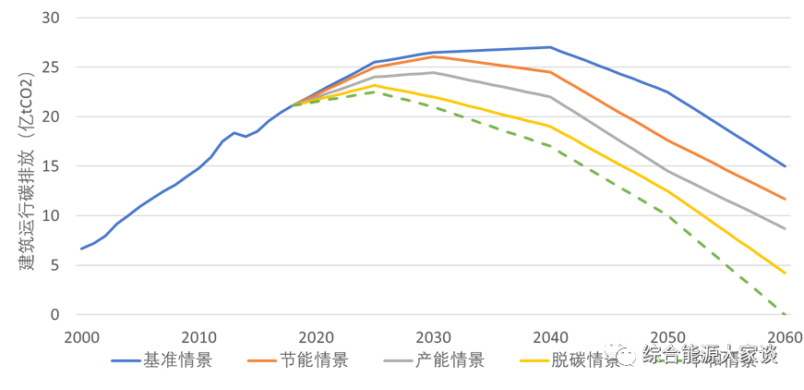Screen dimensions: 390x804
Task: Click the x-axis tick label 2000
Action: (x=81, y=336)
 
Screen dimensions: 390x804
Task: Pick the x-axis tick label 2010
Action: (x=198, y=336)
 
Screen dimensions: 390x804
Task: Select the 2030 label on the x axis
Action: (x=433, y=336)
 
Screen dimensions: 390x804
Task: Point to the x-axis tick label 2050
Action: (x=667, y=336)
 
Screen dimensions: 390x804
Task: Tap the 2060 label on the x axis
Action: (x=785, y=336)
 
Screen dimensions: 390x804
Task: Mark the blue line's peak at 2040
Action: (x=550, y=46)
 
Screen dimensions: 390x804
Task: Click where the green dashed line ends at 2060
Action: (x=785, y=314)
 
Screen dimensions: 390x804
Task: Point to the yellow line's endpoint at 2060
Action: (x=785, y=274)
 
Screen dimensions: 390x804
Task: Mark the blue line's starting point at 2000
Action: (x=81, y=249)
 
